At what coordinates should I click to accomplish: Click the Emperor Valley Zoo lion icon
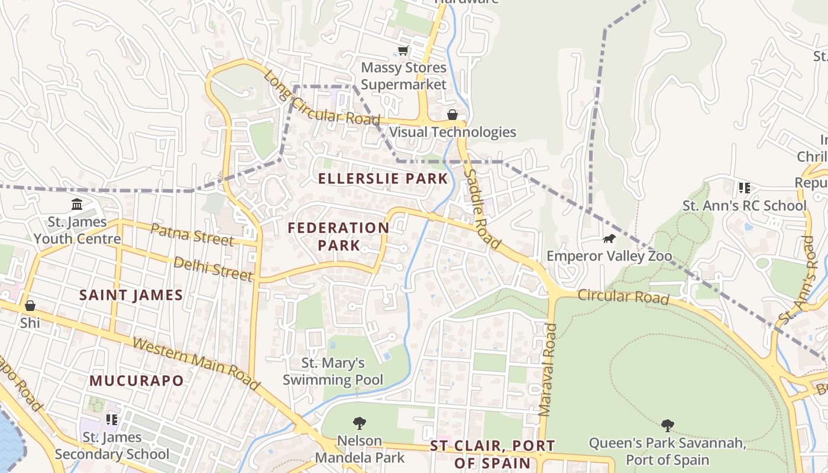point(609,239)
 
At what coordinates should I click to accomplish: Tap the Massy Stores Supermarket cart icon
point(403,51)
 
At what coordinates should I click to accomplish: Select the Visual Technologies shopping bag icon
point(452,115)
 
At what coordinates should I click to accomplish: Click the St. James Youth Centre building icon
point(77,205)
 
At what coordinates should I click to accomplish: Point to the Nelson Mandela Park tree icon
point(359,423)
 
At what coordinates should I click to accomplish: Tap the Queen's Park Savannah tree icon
point(667,425)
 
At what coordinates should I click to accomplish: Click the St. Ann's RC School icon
point(744,188)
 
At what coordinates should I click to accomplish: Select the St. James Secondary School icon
point(111,420)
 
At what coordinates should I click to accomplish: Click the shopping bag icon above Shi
point(30,306)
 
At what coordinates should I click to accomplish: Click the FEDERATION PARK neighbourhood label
point(338,236)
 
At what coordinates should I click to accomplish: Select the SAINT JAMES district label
point(131,295)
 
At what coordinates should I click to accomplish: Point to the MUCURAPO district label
point(137,381)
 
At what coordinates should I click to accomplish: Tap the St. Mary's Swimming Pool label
point(333,371)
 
